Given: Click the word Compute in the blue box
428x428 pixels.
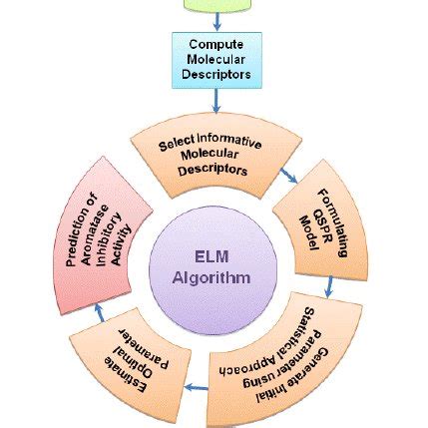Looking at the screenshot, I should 216,45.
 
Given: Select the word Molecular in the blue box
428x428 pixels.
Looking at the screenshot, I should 216,59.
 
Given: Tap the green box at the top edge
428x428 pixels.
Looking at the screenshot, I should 215,4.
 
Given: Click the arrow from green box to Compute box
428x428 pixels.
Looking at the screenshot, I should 216,21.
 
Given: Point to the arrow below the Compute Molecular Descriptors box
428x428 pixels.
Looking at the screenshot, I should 216,100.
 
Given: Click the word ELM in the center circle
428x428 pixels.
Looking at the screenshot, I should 215,256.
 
